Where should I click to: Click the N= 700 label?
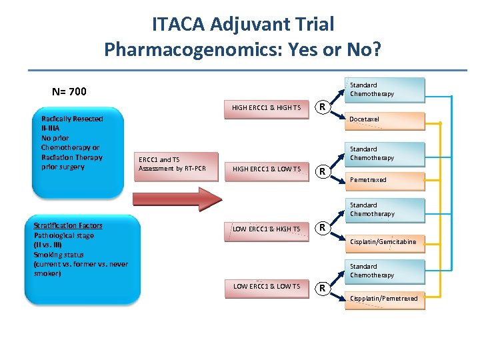click(x=69, y=91)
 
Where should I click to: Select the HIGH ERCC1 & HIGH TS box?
click(x=266, y=108)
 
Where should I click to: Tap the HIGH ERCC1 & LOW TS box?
click(x=266, y=169)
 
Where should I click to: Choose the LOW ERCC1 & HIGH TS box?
click(x=266, y=229)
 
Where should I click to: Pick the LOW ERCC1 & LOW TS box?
click(x=266, y=287)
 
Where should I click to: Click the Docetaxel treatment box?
click(x=386, y=120)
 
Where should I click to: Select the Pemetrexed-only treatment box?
click(x=386, y=180)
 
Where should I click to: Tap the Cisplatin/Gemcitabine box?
click(x=386, y=242)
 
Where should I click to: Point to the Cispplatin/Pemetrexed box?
click(x=386, y=299)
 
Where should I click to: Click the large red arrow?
click(x=176, y=199)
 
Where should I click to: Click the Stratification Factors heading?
click(x=68, y=226)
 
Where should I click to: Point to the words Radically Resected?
click(x=72, y=119)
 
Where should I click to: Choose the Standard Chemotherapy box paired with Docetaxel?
click(x=386, y=89)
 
